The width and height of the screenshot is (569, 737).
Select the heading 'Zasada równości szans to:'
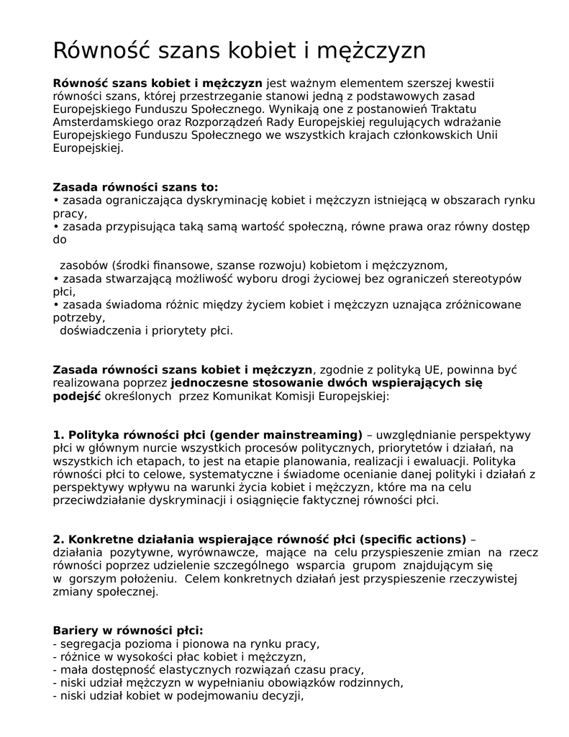136,187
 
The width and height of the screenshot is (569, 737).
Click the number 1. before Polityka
59,435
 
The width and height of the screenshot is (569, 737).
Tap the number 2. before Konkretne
59,540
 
